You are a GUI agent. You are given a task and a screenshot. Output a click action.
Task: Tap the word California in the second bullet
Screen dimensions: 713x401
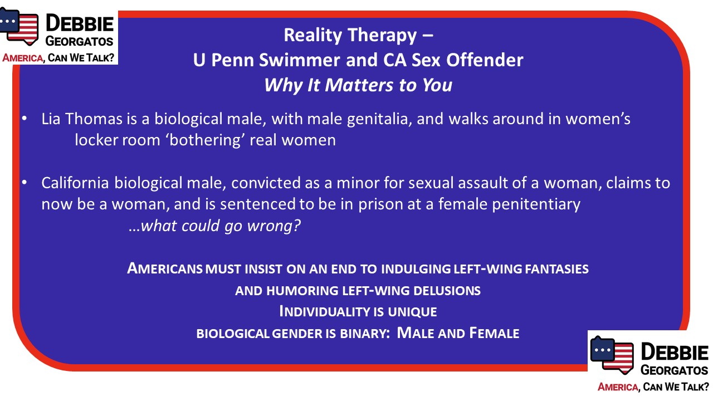(x=75, y=183)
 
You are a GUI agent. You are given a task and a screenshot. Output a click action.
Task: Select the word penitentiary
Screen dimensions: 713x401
(x=536, y=204)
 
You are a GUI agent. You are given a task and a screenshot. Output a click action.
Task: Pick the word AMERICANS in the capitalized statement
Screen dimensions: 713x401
(x=164, y=268)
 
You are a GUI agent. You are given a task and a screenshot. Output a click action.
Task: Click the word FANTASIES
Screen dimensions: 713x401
(x=556, y=269)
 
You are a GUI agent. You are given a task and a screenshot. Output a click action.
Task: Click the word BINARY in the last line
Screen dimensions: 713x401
(x=365, y=334)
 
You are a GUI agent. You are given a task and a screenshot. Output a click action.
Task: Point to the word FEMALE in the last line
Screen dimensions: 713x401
(x=494, y=333)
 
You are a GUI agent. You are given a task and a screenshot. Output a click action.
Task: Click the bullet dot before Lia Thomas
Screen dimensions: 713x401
(x=25, y=119)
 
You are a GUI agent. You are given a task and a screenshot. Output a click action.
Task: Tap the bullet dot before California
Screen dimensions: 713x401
(x=25, y=182)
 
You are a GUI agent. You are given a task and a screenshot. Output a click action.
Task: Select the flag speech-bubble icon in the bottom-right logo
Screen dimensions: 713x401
(x=612, y=355)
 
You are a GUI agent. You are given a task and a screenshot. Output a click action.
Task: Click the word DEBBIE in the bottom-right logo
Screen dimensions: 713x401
(x=675, y=351)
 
